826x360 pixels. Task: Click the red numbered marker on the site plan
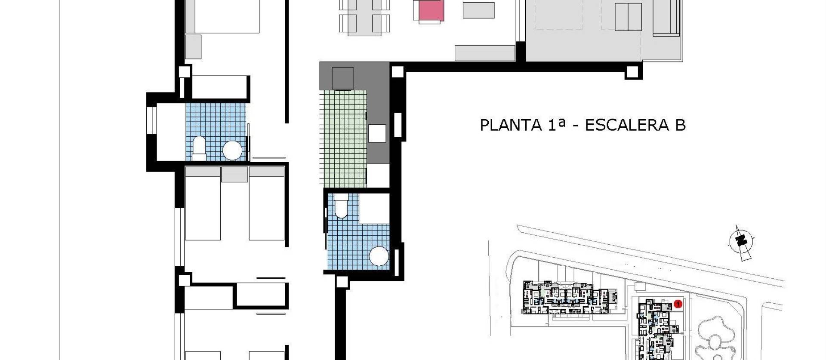point(678,304)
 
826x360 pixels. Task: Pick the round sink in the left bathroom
point(232,151)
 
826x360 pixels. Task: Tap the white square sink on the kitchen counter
point(377,133)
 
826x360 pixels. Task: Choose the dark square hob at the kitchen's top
point(343,78)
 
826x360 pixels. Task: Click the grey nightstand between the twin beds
point(234,175)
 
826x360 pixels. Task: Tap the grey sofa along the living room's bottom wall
point(485,53)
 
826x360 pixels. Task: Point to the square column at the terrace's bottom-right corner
point(633,72)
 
